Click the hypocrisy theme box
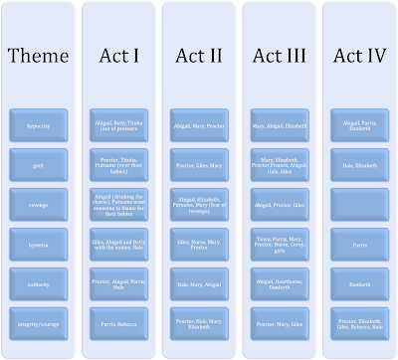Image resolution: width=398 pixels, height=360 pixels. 38,125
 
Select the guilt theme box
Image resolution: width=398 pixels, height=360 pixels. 38,164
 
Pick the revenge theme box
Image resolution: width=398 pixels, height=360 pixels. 38,204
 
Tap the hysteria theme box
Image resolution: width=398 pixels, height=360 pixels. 38,243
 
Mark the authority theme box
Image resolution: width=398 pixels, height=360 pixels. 38,282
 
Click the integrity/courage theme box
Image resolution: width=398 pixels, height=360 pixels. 38,321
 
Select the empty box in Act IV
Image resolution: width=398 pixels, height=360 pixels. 357,204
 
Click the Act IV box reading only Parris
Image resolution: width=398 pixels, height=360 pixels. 357,243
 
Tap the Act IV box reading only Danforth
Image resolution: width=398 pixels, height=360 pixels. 357,282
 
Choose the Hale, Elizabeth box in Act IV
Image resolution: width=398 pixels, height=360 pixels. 357,164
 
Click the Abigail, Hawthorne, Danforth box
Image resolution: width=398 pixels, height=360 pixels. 278,282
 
